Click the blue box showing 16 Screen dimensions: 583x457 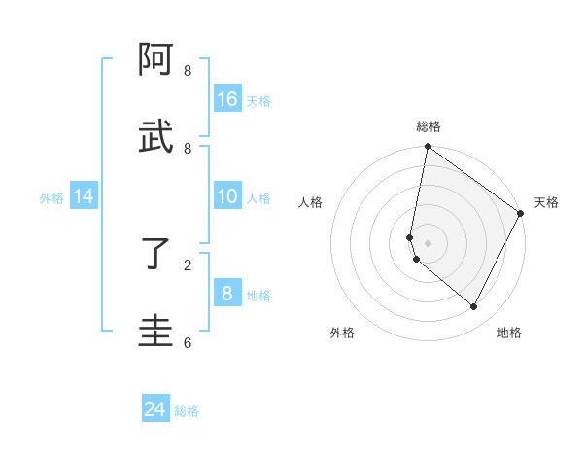pos(227,98)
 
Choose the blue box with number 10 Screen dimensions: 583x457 pos(227,196)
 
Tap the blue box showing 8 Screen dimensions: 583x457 pos(227,293)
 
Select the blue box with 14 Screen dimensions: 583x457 pos(84,196)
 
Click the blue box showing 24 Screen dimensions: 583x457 pos(154,409)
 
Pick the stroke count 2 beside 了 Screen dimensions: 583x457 pos(188,264)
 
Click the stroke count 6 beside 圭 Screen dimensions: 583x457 pos(188,342)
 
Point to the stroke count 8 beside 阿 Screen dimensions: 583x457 pos(188,71)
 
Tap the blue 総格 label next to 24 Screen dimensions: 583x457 pos(187,411)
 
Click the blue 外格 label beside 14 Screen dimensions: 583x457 pos(51,198)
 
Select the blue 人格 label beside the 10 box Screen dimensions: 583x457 pos(258,198)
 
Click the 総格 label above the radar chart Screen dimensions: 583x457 pos(429,127)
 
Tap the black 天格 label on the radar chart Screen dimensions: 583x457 pos(546,202)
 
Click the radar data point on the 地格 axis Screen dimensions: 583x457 pos(474,306)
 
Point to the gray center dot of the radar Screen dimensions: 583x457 pos(428,242)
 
